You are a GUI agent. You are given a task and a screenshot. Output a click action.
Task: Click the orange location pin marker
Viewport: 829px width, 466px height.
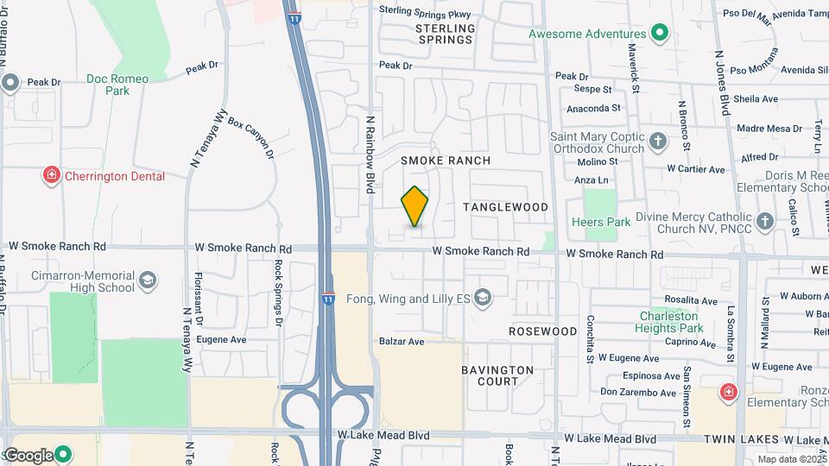[415, 206]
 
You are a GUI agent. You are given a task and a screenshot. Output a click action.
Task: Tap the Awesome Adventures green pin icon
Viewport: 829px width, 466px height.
[661, 34]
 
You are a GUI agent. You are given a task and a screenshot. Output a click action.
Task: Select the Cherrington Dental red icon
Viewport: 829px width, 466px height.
[52, 176]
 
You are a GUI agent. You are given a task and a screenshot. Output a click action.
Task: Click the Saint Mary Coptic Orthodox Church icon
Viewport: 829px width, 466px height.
[658, 141]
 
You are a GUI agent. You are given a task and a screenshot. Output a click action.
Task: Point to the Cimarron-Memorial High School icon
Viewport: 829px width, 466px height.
[148, 281]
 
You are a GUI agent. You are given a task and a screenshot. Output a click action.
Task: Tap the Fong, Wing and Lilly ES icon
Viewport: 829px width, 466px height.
[482, 299]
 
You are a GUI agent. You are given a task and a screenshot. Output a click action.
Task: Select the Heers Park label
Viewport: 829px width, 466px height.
[601, 222]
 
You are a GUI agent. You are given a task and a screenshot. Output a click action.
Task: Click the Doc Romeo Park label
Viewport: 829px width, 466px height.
[117, 84]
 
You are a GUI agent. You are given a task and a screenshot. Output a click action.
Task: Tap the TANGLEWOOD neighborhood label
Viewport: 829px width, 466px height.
[505, 207]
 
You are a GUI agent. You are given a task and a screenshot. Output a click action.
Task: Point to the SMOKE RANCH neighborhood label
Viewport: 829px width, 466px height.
[446, 161]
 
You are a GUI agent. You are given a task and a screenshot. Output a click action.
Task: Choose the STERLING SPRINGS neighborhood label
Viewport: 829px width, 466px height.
[445, 34]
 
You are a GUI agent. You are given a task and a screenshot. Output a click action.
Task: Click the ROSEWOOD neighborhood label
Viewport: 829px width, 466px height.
[542, 331]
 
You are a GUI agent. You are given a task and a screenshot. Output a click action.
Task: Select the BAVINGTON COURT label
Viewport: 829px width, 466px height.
[497, 375]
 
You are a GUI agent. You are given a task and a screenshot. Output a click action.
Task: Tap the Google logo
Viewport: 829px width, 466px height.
[28, 456]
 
